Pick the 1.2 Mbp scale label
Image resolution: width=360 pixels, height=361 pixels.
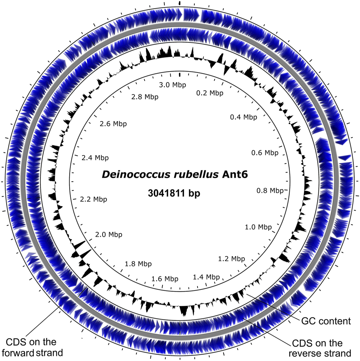click(x=231, y=258)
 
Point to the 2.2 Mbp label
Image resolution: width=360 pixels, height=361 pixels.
click(x=93, y=199)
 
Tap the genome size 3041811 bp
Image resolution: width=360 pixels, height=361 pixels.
click(x=174, y=193)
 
